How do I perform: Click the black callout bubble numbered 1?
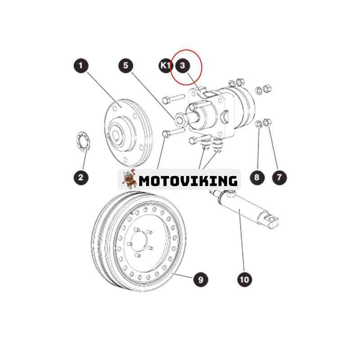(81, 66)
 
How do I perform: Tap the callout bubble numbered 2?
(81, 177)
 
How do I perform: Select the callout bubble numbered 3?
(183, 66)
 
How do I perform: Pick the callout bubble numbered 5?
(126, 66)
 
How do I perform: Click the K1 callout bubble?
(165, 66)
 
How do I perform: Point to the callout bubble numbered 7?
(279, 177)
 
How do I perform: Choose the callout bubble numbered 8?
(257, 177)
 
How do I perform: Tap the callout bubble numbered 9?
(201, 279)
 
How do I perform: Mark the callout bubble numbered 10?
(244, 279)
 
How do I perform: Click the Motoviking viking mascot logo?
(129, 179)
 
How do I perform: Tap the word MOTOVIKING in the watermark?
(188, 181)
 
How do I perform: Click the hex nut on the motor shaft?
(181, 120)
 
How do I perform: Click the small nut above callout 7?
(267, 122)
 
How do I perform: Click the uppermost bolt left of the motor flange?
(174, 99)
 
